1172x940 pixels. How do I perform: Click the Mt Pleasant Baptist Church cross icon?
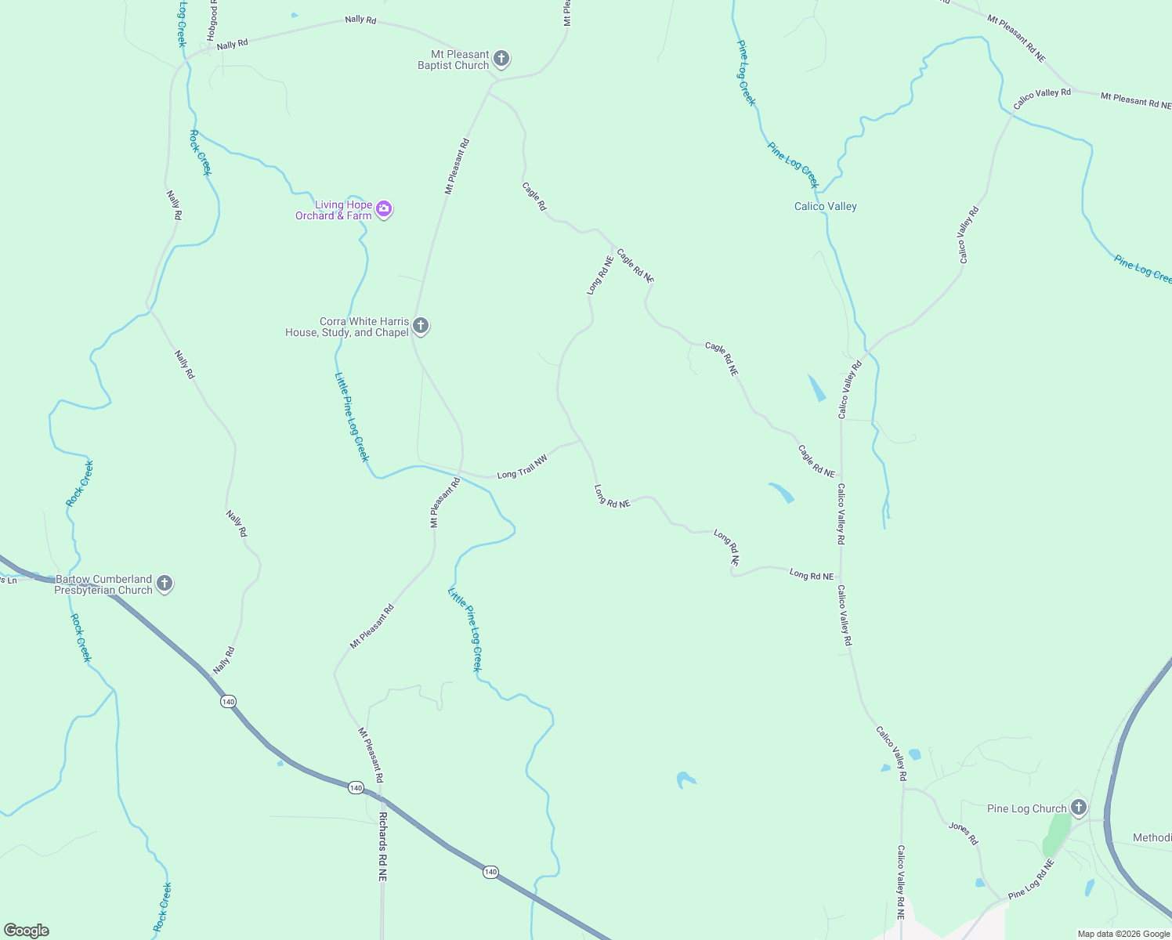[x=501, y=59]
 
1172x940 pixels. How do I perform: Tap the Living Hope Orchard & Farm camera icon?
[x=384, y=209]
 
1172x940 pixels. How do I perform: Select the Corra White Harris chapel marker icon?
[x=421, y=326]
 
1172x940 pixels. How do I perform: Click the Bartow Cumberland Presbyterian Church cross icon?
[x=165, y=584]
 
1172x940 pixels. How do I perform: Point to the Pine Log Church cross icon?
[x=1079, y=807]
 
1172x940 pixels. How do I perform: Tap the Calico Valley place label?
[x=826, y=206]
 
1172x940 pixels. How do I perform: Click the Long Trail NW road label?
[x=522, y=468]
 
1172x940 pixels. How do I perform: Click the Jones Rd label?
[x=964, y=833]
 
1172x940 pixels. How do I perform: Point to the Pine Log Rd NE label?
[x=1031, y=879]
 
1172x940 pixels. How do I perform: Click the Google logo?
[x=26, y=931]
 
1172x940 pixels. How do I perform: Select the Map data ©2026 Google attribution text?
[x=1123, y=934]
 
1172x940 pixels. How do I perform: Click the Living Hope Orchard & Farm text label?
[x=334, y=210]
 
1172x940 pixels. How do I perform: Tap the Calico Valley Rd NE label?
[x=901, y=881]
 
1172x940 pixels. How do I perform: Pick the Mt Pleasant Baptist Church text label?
[x=454, y=60]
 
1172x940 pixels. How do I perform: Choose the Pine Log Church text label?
[x=1027, y=808]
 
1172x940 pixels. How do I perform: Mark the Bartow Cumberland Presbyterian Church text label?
[x=103, y=584]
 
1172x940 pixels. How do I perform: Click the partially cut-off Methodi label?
[x=1152, y=837]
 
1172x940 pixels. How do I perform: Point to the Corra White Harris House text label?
[x=347, y=327]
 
